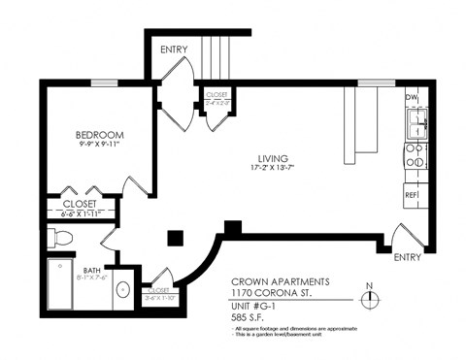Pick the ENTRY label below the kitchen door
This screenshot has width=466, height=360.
click(409, 258)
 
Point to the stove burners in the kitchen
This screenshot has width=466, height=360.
click(415, 158)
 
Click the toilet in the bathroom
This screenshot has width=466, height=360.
click(60, 237)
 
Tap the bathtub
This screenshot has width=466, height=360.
click(61, 283)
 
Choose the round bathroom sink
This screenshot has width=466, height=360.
click(123, 289)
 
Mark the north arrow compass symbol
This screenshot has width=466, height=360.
click(368, 298)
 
